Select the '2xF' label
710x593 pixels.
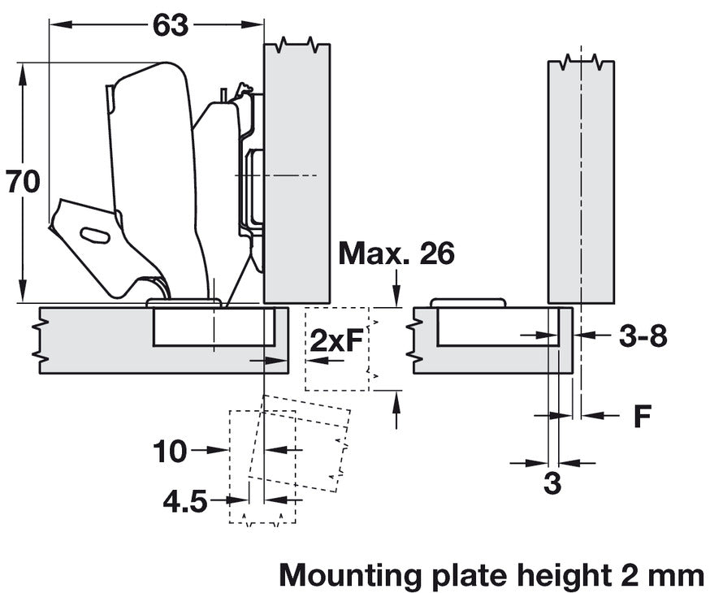[336, 340]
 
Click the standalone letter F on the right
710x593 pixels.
[643, 416]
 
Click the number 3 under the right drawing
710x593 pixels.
[552, 484]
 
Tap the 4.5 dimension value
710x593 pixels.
[184, 502]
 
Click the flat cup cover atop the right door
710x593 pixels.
[468, 302]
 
